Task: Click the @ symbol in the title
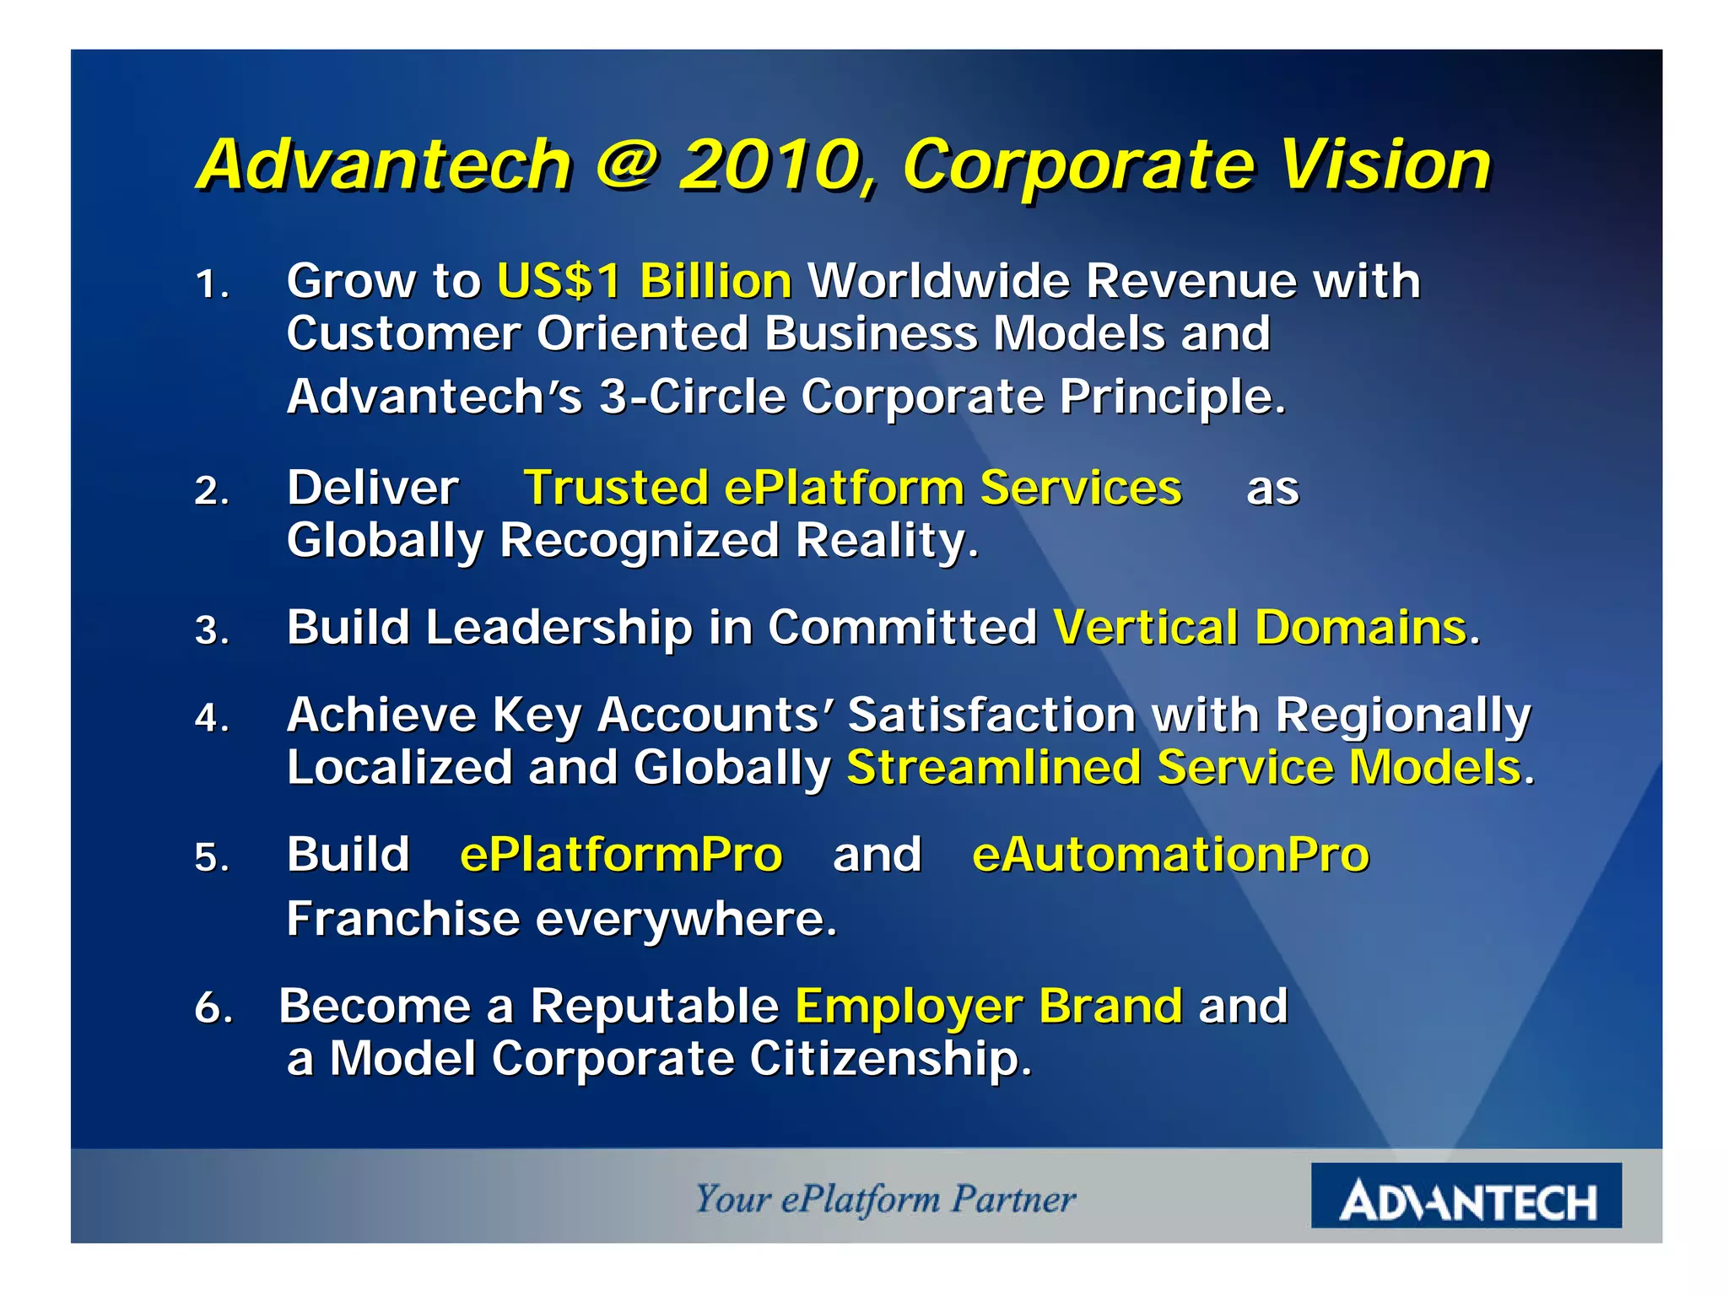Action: [x=625, y=163]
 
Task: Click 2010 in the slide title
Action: [x=775, y=165]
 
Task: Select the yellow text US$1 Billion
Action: [x=644, y=281]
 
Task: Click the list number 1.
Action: [x=210, y=285]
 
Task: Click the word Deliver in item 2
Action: [x=372, y=488]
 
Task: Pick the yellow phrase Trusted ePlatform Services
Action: [x=852, y=488]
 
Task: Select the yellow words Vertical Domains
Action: [x=1260, y=628]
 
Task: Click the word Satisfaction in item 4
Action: [x=991, y=715]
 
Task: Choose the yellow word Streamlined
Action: [x=992, y=768]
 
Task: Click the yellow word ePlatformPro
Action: [x=621, y=855]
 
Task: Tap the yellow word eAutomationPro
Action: [x=1170, y=855]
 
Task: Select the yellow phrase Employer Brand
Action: [x=988, y=1006]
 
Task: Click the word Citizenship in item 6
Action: [x=889, y=1059]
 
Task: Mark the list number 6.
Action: [x=213, y=1008]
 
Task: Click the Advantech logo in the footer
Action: [x=1466, y=1196]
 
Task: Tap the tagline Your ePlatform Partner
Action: [x=885, y=1199]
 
